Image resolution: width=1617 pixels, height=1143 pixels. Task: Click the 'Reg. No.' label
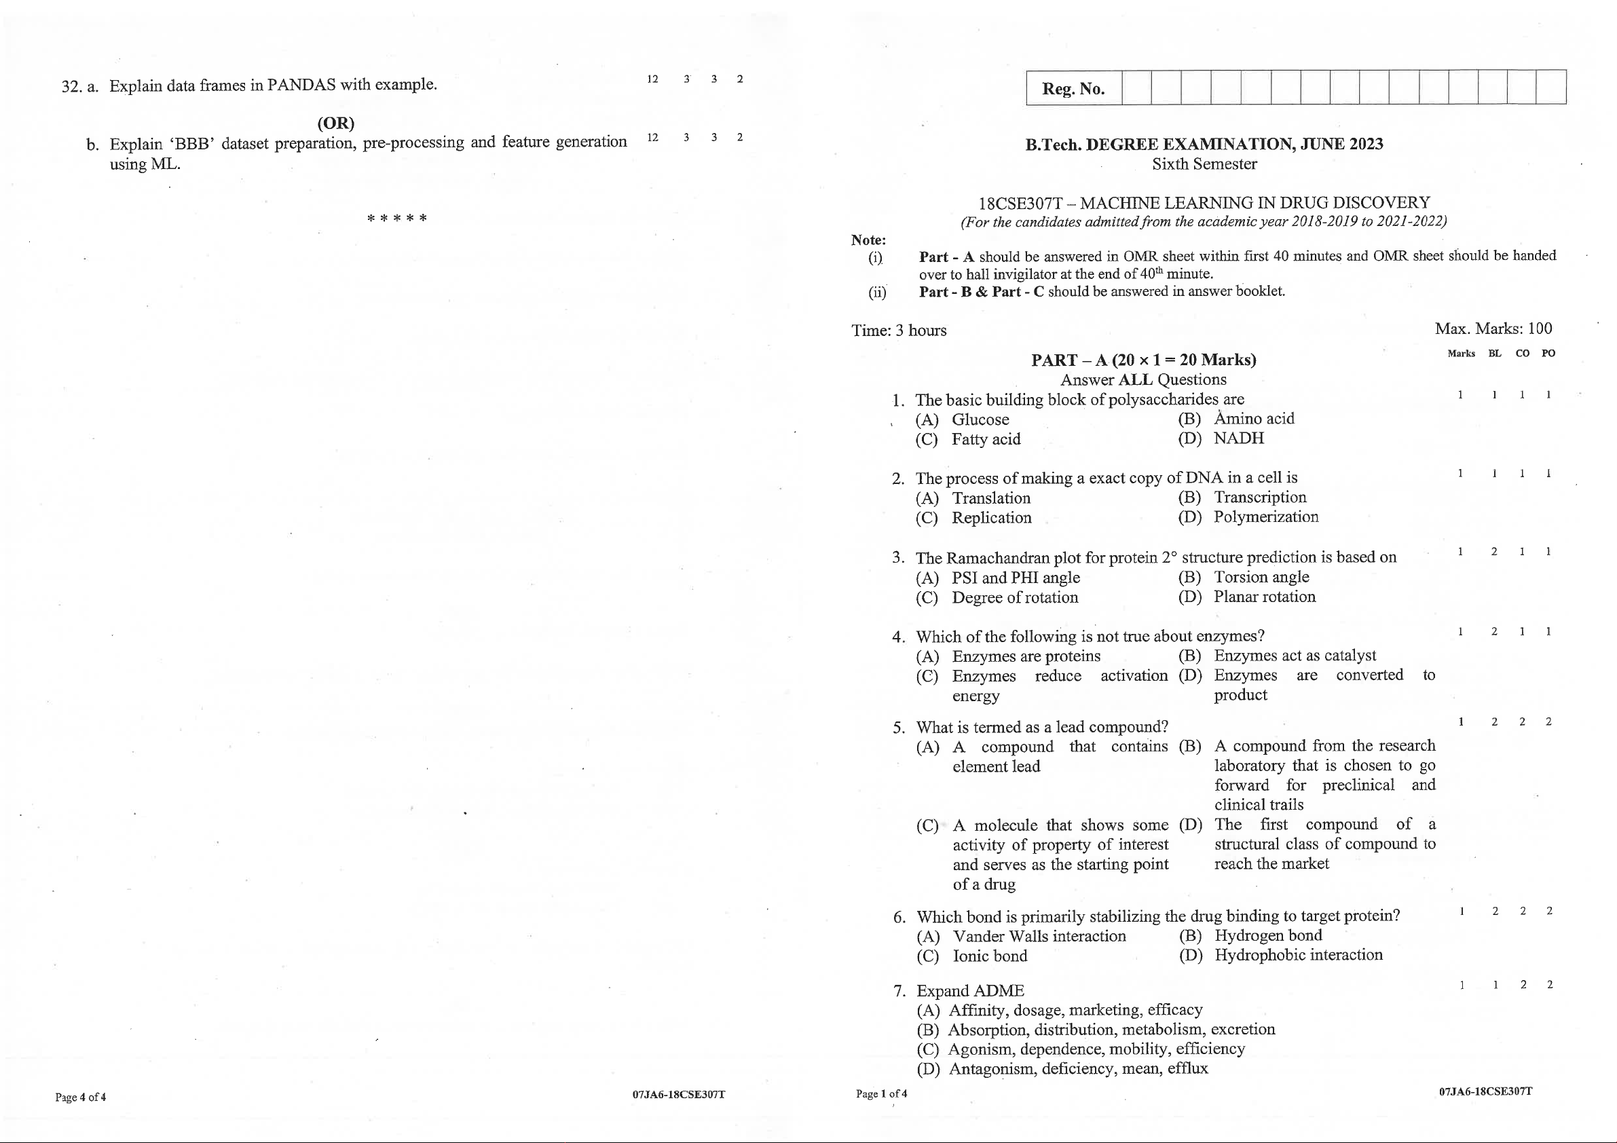1073,89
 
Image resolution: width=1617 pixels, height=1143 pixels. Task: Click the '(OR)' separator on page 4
336,124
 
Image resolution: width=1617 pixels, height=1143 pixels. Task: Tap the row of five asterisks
396,219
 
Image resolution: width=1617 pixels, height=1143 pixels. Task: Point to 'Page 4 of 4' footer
80,1097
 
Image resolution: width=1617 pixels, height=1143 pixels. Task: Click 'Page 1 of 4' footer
881,1093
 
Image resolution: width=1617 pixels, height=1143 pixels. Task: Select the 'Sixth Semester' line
1204,164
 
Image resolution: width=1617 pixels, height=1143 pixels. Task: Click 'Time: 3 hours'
899,331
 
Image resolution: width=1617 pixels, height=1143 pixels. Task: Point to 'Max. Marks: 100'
1493,329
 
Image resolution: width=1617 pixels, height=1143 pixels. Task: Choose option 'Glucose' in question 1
980,419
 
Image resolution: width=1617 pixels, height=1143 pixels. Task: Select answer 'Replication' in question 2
992,518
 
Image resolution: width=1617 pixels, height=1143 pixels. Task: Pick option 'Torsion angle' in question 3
1261,577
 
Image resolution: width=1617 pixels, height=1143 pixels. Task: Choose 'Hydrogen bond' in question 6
1268,935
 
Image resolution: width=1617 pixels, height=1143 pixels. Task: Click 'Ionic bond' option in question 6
990,956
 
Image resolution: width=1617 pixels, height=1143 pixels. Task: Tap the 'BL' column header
1494,354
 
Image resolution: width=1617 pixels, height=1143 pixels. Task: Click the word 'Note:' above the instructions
868,240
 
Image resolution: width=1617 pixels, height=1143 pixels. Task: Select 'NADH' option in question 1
1239,438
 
